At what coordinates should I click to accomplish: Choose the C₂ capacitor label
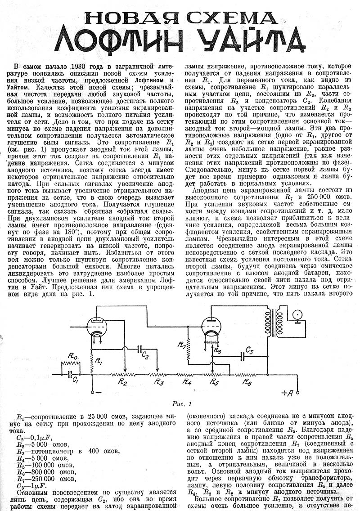click(145, 355)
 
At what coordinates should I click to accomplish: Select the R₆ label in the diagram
click(247, 382)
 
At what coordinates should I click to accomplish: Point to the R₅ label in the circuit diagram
click(213, 383)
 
